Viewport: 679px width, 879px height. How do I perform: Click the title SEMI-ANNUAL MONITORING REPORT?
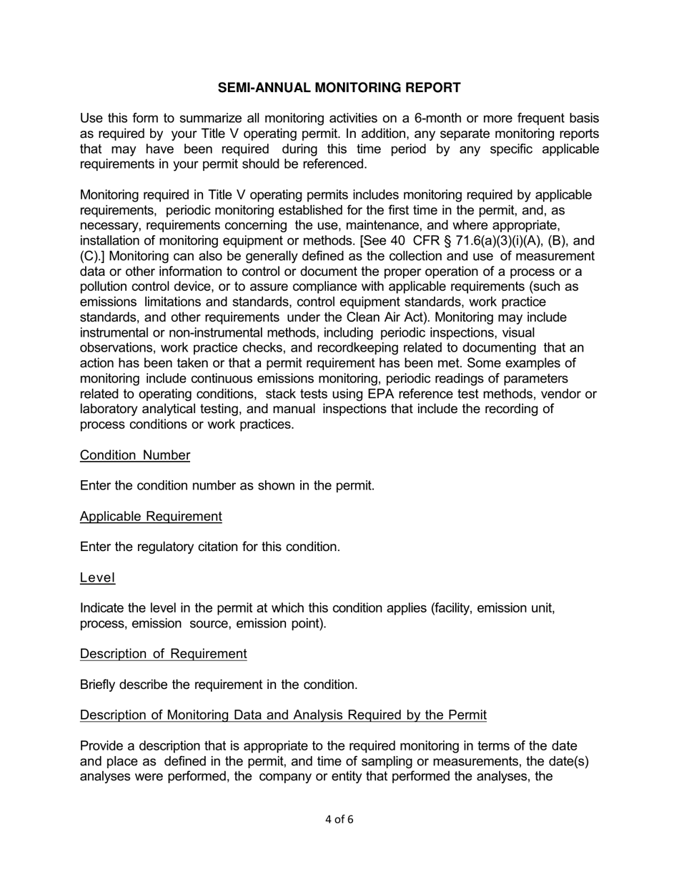[x=339, y=88]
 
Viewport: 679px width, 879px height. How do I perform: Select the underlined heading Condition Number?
[x=135, y=455]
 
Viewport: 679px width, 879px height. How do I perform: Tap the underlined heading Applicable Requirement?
[x=151, y=516]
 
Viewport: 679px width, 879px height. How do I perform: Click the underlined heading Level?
[x=97, y=577]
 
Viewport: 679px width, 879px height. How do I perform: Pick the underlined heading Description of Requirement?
[x=163, y=654]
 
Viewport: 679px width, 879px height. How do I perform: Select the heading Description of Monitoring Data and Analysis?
[x=283, y=715]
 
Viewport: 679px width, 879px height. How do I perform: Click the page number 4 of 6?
[x=339, y=819]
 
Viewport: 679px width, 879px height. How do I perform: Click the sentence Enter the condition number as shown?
[x=227, y=486]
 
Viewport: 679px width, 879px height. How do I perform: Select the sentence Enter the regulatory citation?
[x=209, y=547]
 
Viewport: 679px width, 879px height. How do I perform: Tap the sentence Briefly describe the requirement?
[x=218, y=685]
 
